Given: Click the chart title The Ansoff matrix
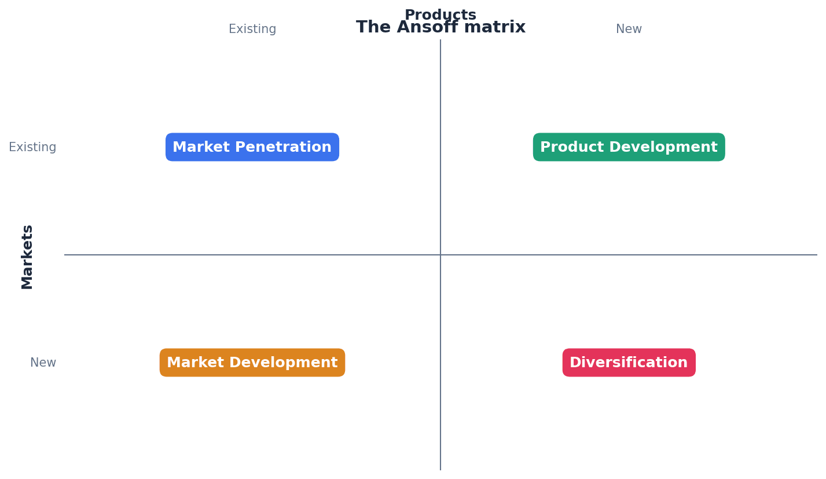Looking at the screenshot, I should click(x=440, y=28).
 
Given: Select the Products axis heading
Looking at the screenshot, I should click(x=440, y=14).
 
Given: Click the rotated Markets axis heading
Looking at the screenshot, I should click(x=27, y=257).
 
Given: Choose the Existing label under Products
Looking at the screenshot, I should click(x=252, y=30).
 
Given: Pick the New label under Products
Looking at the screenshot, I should click(x=629, y=30).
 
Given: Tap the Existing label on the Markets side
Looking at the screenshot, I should click(x=32, y=148).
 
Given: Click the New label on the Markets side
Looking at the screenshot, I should click(x=43, y=363).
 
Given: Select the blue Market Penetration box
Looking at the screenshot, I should click(x=252, y=147).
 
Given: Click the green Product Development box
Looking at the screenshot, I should click(x=629, y=147).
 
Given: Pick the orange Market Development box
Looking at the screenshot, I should click(x=252, y=363).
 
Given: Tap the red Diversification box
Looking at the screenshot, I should click(x=629, y=363).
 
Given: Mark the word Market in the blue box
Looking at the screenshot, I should click(x=199, y=148).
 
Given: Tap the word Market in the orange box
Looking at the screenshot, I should click(x=193, y=363).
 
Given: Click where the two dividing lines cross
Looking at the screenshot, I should click(x=440, y=255).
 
